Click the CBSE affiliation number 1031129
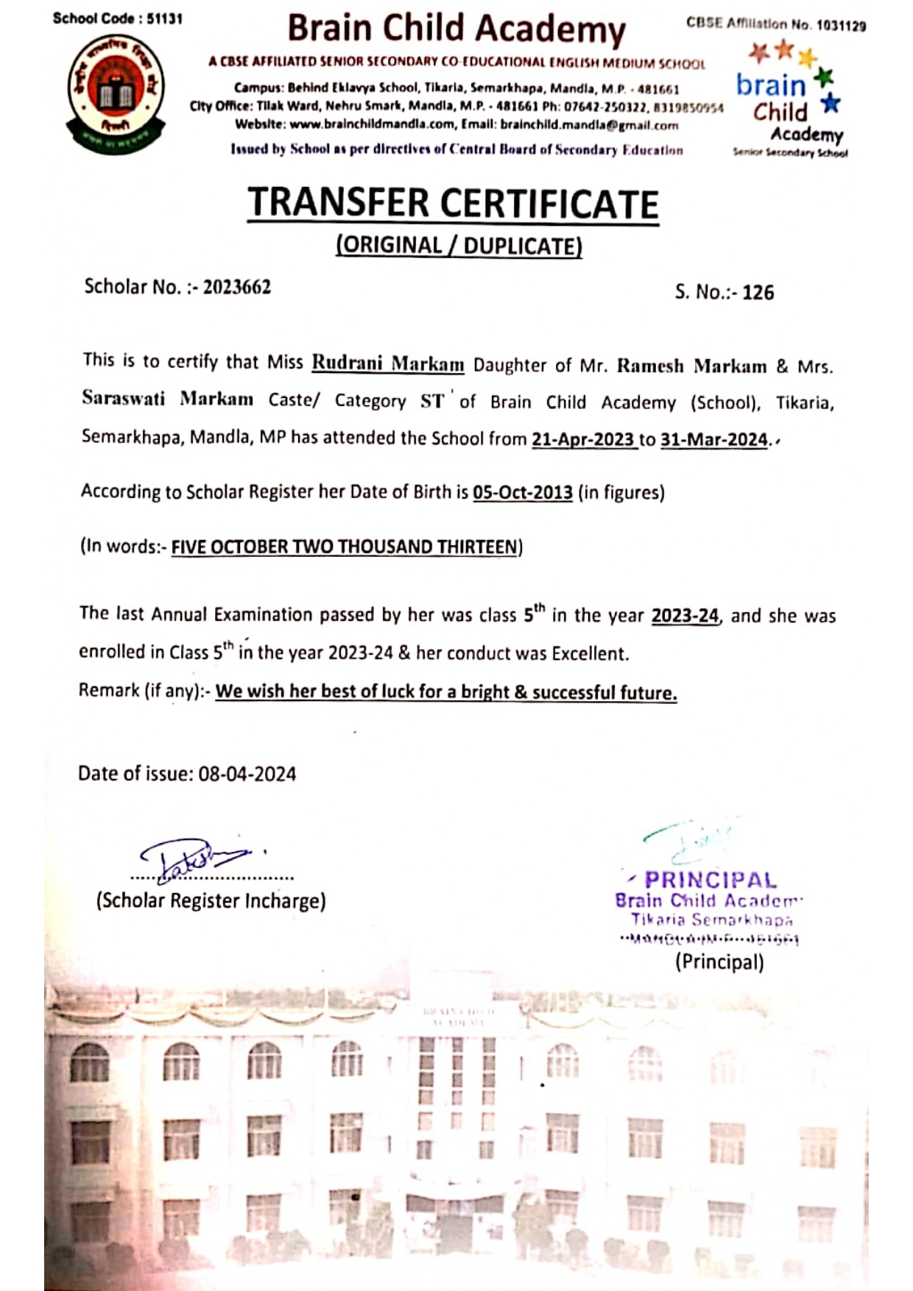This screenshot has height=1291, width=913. click(x=841, y=26)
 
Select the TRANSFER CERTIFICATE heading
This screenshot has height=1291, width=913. click(x=453, y=204)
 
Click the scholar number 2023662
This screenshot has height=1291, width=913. click(x=237, y=286)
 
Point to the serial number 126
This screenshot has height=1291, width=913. click(x=758, y=293)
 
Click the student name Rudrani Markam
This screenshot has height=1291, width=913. click(x=387, y=363)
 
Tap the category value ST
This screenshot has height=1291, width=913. click(x=432, y=401)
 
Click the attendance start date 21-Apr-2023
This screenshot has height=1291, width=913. click(x=583, y=440)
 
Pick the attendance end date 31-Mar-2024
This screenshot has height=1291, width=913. click(x=713, y=440)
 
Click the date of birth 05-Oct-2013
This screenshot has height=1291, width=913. click(x=522, y=492)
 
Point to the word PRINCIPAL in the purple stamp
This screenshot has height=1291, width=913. click(x=711, y=880)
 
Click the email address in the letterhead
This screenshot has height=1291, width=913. click(x=589, y=125)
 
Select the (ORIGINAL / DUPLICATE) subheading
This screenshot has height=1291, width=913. click(x=459, y=246)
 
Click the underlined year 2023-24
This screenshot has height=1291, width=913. click(x=685, y=616)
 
